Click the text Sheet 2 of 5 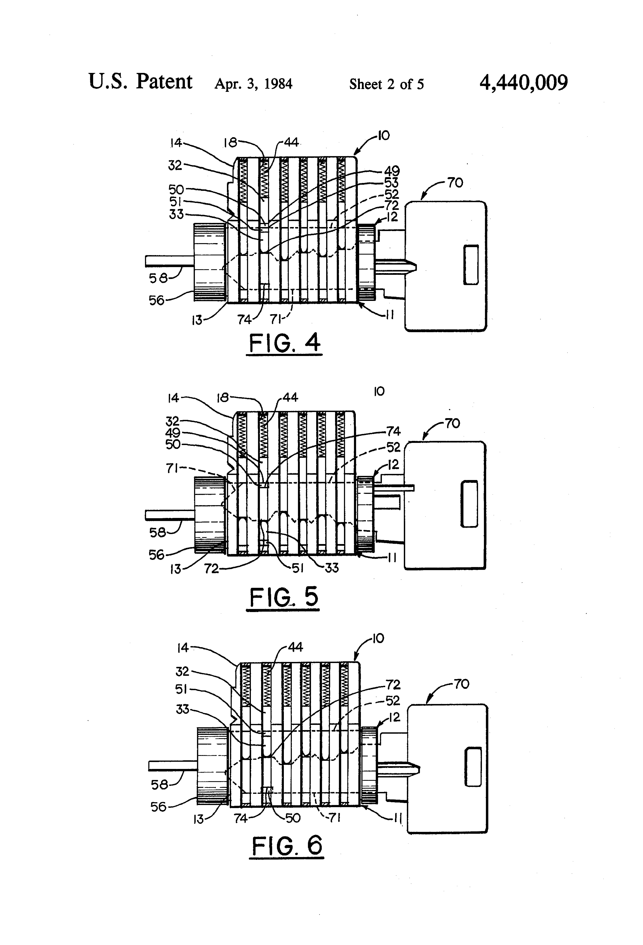(387, 84)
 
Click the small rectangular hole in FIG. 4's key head (471, 265)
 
